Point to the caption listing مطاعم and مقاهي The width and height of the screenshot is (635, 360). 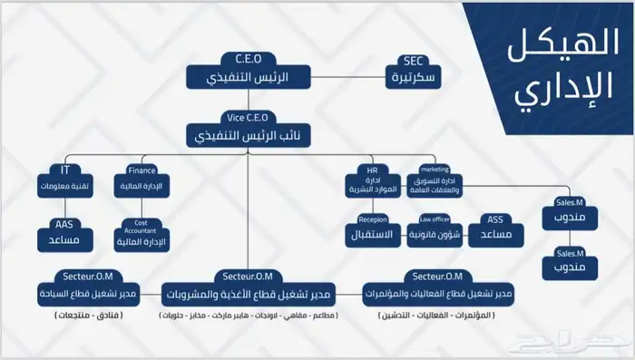[248, 315]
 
